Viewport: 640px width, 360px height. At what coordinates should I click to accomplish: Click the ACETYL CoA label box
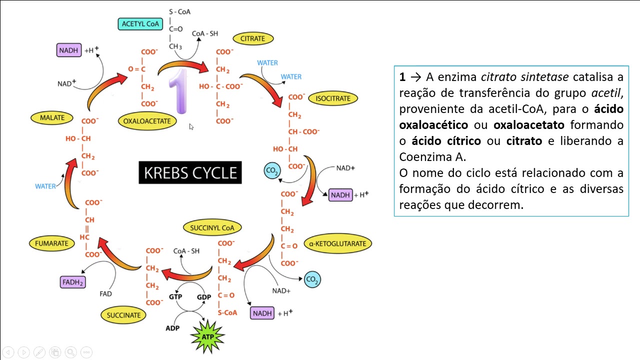coord(140,23)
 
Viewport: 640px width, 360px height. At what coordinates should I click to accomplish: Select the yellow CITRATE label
coord(252,38)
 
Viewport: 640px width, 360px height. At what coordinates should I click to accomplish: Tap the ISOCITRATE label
coord(332,98)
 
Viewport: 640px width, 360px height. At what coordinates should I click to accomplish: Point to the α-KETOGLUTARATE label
coord(337,244)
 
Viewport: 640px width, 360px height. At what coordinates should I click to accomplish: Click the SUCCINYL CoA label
coord(212,228)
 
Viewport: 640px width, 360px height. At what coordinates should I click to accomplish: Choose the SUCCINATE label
coord(123,315)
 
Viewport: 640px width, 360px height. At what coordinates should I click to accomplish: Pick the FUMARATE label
coord(51,243)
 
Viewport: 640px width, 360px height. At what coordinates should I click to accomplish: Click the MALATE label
coord(52,118)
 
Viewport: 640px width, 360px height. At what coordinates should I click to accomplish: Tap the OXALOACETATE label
coord(147,121)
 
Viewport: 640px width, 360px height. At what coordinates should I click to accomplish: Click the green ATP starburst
coord(207,336)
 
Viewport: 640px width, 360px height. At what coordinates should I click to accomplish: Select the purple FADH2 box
coord(72,282)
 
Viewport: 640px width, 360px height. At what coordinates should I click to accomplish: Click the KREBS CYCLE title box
coord(190,173)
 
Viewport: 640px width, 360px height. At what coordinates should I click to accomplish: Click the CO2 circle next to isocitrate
coord(272,171)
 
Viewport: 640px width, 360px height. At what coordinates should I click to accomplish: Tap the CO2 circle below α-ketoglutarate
coord(312,280)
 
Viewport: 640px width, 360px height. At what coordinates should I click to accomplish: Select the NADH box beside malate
coord(69,50)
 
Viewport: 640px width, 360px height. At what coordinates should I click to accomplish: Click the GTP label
coord(175,296)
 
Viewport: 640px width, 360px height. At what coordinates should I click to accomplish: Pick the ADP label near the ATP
coord(172,328)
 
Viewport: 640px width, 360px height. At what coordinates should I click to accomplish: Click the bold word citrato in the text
coord(524,141)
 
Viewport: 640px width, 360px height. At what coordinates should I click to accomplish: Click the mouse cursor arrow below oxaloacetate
coord(191,127)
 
